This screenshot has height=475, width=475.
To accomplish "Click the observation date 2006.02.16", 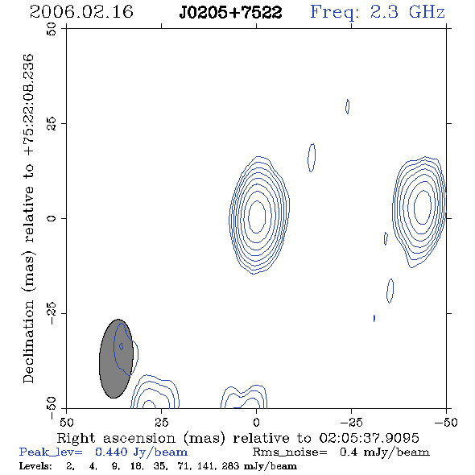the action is pos(81,12).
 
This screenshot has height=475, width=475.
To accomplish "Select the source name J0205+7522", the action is pos(230,12).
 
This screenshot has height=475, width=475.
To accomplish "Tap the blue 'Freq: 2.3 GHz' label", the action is pos(378,13).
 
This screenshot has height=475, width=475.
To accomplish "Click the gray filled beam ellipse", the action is pos(116,358).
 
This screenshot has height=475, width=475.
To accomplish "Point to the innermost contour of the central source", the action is pos(249,217).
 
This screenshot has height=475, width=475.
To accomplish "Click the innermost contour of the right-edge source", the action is pos(414,206).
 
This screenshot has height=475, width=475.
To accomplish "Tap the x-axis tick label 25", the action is pos(161,423).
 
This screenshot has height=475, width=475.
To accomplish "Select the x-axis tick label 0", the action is pos(256,423).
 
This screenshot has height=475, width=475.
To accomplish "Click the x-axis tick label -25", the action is pos(351,423).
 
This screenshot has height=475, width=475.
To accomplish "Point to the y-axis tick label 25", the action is pos(52,124).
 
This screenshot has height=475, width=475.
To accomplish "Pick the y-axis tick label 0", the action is pos(52,218).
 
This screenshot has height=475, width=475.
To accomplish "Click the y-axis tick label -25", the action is pos(52,313).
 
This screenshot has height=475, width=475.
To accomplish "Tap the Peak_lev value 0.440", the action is pos(111,452).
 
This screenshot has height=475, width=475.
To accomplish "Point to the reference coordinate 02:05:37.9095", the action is pos(369,438).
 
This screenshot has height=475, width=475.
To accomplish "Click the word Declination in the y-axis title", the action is pos(28,341).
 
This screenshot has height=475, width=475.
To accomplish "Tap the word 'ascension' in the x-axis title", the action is pos(139,439).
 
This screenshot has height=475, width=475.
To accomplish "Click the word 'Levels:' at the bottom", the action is pos(35,466).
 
